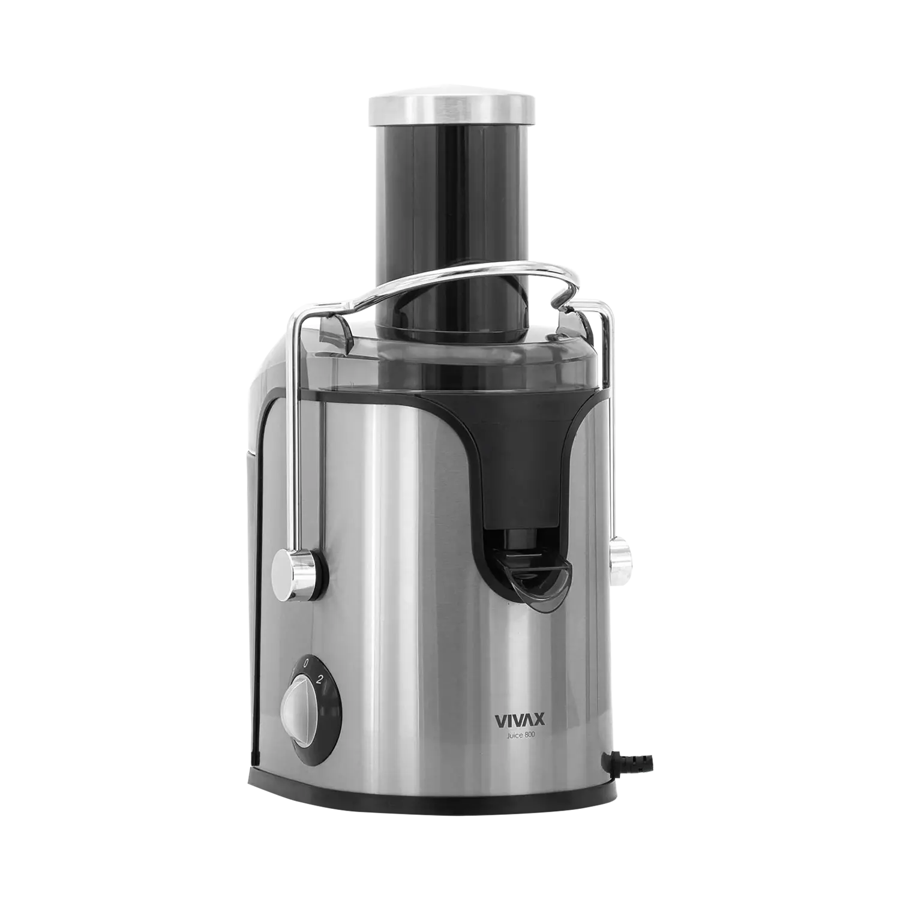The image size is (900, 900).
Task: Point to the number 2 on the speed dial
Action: [x=320, y=680]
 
